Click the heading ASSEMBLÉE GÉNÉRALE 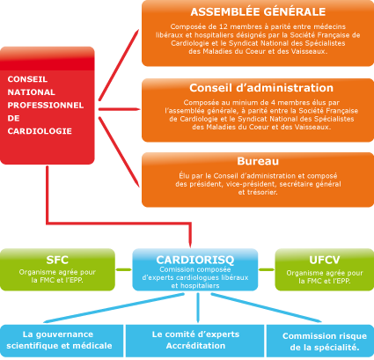coord(258,11)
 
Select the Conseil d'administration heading coord(261,88)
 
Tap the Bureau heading coord(258,161)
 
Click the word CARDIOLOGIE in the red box coord(40,131)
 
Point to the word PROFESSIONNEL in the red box coord(46,105)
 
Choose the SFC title coord(57,260)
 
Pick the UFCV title coord(325,260)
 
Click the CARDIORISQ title coord(195,260)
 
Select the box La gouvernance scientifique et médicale coord(62,341)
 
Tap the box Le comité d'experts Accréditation coord(195,341)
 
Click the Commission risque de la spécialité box coord(320,341)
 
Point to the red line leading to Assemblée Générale coord(119,65)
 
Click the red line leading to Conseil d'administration coord(119,109)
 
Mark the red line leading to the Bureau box coord(119,151)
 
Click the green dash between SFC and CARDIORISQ coord(123,269)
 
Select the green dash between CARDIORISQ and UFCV coord(267,269)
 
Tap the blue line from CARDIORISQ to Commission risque coord(266,307)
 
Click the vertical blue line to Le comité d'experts coord(198,307)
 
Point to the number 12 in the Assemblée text coord(223,26)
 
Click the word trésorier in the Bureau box coord(262,193)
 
